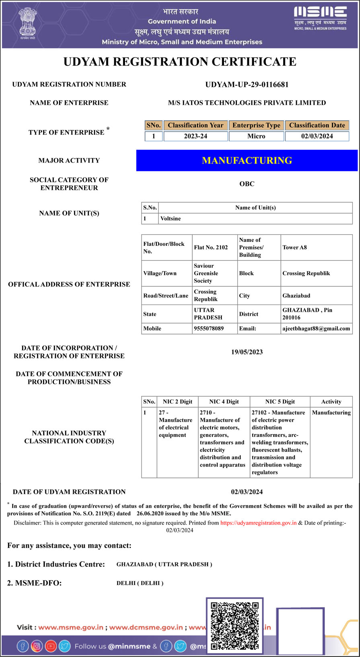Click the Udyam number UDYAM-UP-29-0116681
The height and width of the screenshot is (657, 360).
(247, 84)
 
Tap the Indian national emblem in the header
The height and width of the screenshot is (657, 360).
(27, 23)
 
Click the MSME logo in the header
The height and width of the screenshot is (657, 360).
(320, 18)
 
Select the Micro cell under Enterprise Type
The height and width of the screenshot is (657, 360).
(256, 136)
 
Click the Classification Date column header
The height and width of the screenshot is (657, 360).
(317, 125)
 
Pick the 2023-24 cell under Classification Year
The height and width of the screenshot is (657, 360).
(195, 136)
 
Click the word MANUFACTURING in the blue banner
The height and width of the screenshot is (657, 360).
(247, 161)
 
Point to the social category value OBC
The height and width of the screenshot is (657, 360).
(247, 184)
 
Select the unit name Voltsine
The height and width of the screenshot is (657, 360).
(171, 218)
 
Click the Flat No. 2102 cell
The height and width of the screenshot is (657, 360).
(211, 247)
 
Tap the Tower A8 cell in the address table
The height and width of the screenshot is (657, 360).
(294, 247)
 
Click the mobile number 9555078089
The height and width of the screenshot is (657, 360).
(209, 328)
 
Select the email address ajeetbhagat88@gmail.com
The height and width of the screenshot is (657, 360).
(316, 328)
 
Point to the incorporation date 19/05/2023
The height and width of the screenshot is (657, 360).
(247, 352)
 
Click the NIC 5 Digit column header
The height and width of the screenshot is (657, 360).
(280, 402)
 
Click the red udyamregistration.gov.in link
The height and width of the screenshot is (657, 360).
(258, 523)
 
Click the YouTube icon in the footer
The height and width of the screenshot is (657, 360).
(51, 646)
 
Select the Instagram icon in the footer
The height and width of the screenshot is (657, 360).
(37, 646)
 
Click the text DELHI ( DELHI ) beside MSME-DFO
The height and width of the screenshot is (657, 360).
(140, 583)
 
